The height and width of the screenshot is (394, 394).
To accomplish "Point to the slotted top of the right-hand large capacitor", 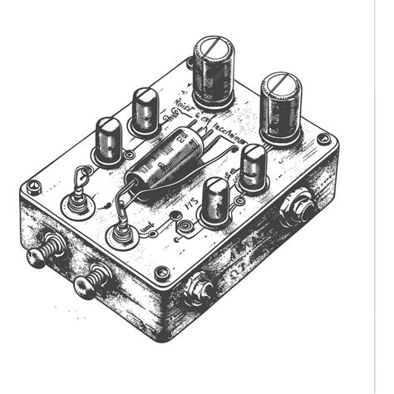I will pos(281,82).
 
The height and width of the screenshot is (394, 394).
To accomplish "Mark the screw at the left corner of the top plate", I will pos(33,188).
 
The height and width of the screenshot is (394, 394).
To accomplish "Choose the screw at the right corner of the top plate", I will pos(323,139).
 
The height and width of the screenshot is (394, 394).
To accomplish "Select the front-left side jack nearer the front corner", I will pos(91,283).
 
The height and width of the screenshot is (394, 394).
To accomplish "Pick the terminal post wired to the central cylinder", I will pos(121,233).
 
